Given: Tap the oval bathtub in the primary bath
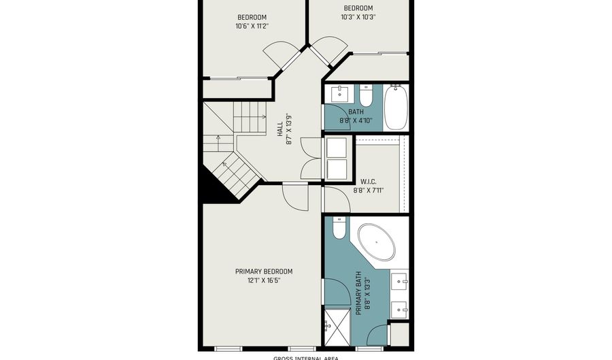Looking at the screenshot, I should point(376,242).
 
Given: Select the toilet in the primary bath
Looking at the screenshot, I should point(338,229).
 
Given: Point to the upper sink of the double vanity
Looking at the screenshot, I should point(400,279).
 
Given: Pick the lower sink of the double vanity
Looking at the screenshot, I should point(400,308).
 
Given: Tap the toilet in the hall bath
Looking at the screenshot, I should point(366,95).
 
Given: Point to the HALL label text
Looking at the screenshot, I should point(279,129).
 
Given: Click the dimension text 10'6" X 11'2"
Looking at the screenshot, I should point(252,27).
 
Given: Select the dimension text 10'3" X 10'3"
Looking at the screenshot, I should point(358,17).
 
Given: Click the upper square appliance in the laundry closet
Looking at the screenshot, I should point(337,148).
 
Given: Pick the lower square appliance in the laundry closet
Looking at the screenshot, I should point(337,169).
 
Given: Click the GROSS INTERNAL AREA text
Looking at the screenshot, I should point(305,357).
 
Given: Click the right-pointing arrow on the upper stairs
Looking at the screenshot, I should point(262,116).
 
